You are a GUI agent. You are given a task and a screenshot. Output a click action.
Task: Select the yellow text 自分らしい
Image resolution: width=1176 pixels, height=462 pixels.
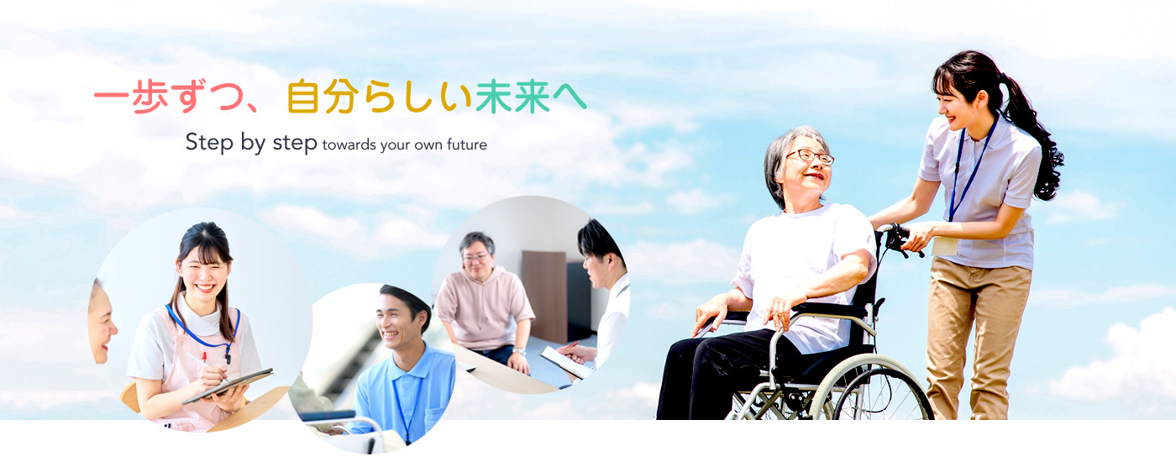(379, 97)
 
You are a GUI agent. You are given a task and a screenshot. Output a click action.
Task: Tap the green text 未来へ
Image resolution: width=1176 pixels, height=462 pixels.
(531, 97)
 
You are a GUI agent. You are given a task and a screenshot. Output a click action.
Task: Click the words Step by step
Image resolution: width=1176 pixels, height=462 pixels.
(251, 142)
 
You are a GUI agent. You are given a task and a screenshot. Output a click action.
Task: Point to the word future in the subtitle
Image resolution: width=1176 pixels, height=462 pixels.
(467, 144)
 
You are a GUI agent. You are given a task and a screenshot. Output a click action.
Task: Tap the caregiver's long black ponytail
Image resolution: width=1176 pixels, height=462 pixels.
(1032, 136)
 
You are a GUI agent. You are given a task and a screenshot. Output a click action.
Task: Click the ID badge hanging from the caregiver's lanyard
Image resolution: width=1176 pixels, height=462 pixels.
(944, 245)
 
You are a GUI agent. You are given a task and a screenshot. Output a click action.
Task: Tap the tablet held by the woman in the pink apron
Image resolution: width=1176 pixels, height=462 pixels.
(228, 385)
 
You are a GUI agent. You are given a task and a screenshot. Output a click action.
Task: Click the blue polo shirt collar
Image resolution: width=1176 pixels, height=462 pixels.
(412, 363)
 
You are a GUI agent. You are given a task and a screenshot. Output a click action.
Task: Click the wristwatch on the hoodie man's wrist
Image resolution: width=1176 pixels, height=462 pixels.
(519, 351)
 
